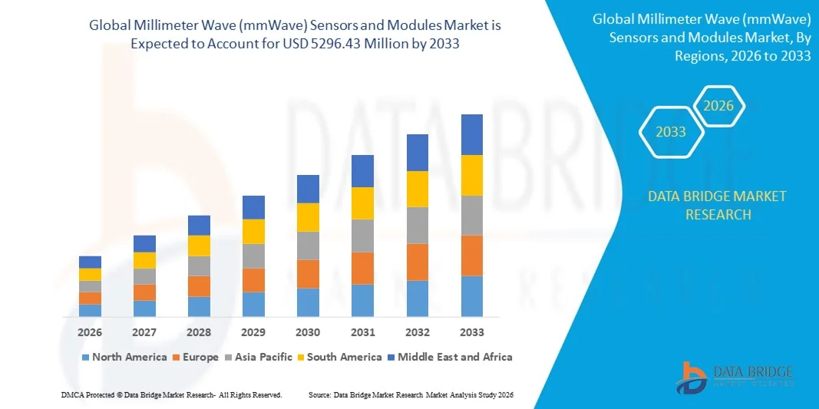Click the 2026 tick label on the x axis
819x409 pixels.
pyautogui.click(x=90, y=332)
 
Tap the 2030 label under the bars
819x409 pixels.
pyautogui.click(x=308, y=332)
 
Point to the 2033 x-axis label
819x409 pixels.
pyautogui.click(x=471, y=332)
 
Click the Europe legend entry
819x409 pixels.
pyautogui.click(x=198, y=357)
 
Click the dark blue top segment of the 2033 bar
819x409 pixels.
pyautogui.click(x=471, y=134)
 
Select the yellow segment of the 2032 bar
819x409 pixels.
pyautogui.click(x=417, y=189)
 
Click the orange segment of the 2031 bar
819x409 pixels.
pyautogui.click(x=362, y=268)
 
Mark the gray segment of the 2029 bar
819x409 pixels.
pyautogui.click(x=253, y=256)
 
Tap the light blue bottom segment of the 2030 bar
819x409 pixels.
pyautogui.click(x=308, y=302)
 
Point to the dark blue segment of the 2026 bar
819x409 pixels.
pyautogui.click(x=90, y=262)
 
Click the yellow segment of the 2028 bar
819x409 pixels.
pyautogui.click(x=199, y=246)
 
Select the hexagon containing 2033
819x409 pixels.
pyautogui.click(x=672, y=132)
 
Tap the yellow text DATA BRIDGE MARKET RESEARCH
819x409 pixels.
pyautogui.click(x=717, y=206)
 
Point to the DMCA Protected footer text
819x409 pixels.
pyautogui.click(x=171, y=394)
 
